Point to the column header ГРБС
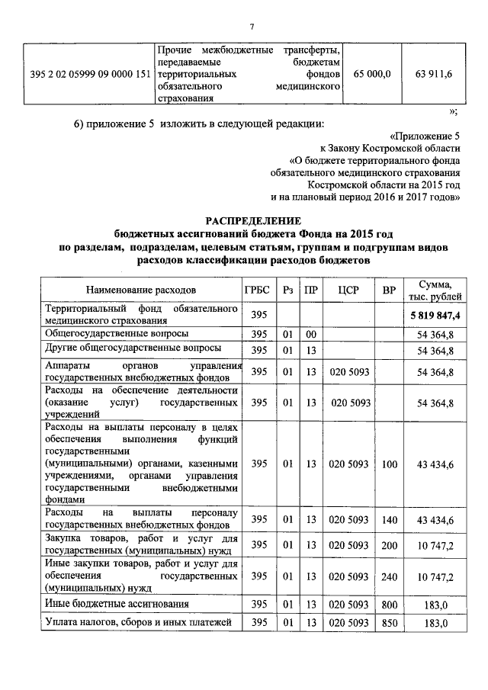258,290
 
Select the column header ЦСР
348,290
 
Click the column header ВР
390,290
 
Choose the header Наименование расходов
140,290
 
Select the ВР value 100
390,464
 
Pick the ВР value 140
390,520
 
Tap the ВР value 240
390,577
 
